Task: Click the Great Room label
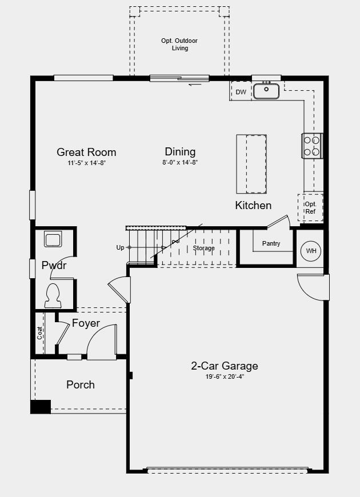(x=86, y=152)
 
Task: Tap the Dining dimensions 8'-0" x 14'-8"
(x=180, y=163)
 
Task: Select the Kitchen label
(x=253, y=206)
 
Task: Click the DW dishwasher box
(x=241, y=91)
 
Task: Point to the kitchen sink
(x=266, y=91)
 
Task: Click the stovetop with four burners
(x=312, y=146)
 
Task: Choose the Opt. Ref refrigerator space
(x=310, y=207)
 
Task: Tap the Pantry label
(x=271, y=243)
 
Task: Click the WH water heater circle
(x=311, y=251)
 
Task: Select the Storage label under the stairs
(x=203, y=248)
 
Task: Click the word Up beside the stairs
(x=120, y=247)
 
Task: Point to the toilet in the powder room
(x=53, y=296)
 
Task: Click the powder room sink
(x=53, y=239)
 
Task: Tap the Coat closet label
(x=39, y=333)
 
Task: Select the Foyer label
(x=86, y=323)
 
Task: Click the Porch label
(x=81, y=385)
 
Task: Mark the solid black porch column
(x=41, y=407)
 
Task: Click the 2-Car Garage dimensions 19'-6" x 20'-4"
(x=225, y=377)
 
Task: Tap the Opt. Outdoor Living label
(x=179, y=45)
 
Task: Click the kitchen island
(x=251, y=164)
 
